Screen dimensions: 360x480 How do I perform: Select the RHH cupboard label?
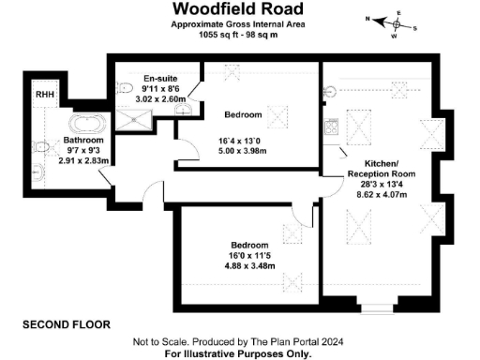(x=44, y=95)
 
